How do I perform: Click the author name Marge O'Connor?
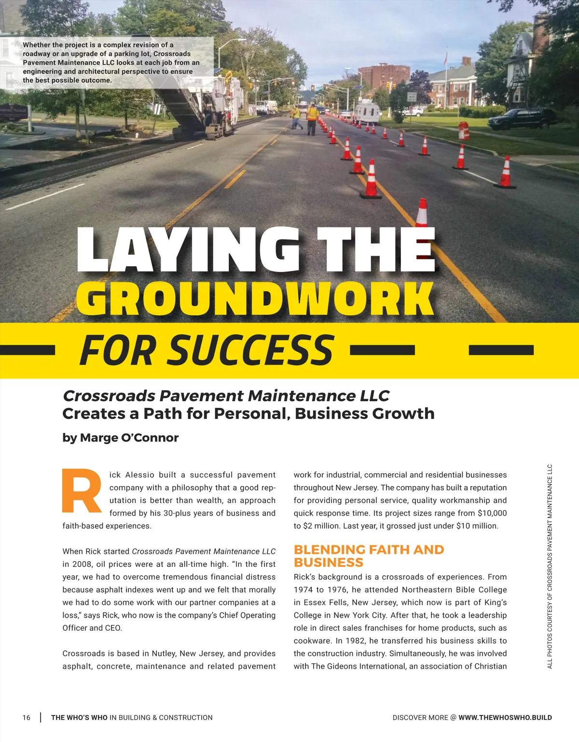pyautogui.click(x=129, y=438)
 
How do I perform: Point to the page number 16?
pyautogui.click(x=27, y=717)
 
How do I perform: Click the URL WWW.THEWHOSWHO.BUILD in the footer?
pyautogui.click(x=505, y=717)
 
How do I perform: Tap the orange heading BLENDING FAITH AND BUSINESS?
pyautogui.click(x=369, y=556)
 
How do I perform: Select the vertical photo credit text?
pyautogui.click(x=550, y=567)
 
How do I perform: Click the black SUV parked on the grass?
pyautogui.click(x=522, y=118)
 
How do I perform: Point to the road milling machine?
pyautogui.click(x=212, y=108)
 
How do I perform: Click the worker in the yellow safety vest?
pyautogui.click(x=313, y=118)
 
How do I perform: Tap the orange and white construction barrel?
pyautogui.click(x=464, y=130)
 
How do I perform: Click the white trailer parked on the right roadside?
pyautogui.click(x=367, y=112)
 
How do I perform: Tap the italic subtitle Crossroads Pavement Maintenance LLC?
pyautogui.click(x=226, y=396)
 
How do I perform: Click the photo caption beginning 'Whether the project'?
pyautogui.click(x=111, y=63)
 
